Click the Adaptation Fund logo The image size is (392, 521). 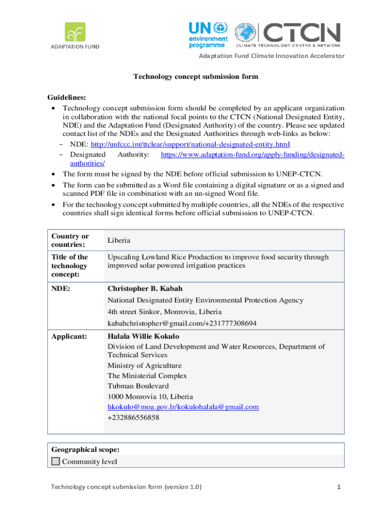click(74, 35)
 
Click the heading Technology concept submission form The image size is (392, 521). click(195, 77)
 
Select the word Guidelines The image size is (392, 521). click(66, 97)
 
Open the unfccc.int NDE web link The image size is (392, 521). click(190, 144)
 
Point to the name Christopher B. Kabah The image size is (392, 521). click(145, 288)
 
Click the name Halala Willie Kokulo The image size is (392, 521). click(143, 336)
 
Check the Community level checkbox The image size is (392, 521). click(55, 461)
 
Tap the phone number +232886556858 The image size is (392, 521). click(133, 417)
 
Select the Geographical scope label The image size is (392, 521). click(86, 450)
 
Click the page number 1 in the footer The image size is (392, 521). click(338, 487)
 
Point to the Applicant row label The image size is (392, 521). click(69, 336)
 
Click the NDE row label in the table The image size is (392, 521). click(61, 288)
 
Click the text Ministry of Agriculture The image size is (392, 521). click(144, 365)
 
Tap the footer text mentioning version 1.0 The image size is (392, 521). click(126, 487)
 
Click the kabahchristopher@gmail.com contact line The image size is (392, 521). click(182, 323)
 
